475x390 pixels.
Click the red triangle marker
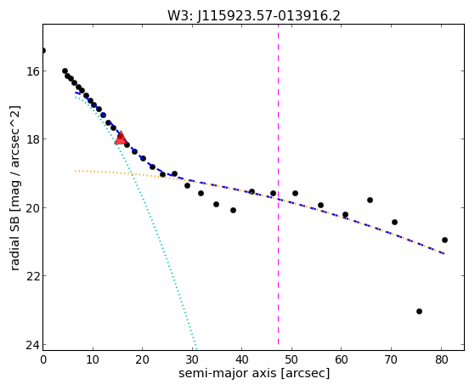coord(121,138)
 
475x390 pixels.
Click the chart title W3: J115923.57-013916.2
coord(254,16)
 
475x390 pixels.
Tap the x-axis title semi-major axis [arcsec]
coord(254,373)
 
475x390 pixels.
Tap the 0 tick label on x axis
coord(43,359)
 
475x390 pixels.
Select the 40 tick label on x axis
coord(241,359)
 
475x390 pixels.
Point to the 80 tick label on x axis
coord(441,359)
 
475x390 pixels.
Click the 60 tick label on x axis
coord(341,359)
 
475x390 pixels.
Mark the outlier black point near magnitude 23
coord(419,311)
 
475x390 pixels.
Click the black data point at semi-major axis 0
coord(43,50)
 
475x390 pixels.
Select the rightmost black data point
coord(444,240)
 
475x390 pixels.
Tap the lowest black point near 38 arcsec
coord(233,211)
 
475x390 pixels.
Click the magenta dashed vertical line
coord(278,187)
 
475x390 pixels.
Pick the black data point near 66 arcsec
coord(370,200)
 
